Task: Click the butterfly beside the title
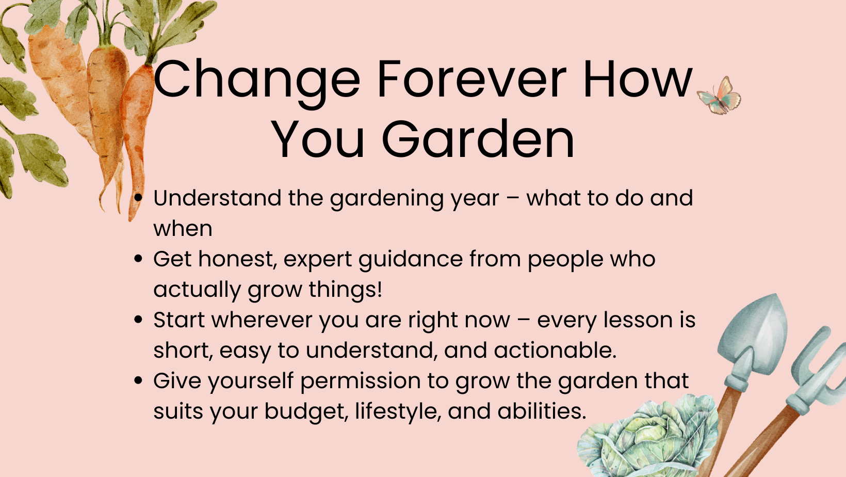click(x=719, y=96)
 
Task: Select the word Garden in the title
click(x=478, y=139)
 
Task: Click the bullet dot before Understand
click(x=138, y=197)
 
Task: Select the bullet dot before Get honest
click(x=138, y=259)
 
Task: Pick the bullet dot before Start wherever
click(x=138, y=320)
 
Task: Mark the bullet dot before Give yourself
click(x=138, y=380)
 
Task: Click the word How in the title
click(x=638, y=79)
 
